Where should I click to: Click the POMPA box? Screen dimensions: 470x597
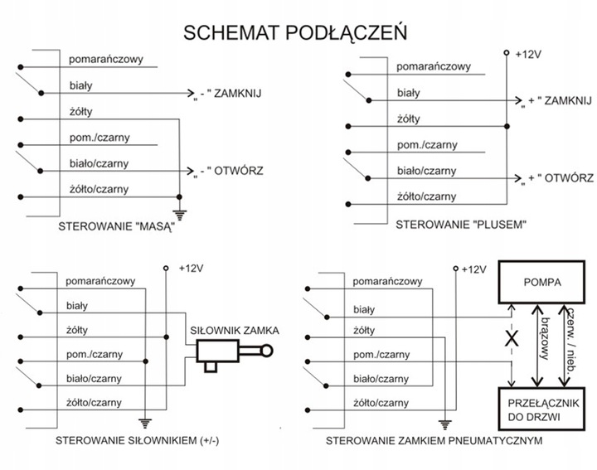pyautogui.click(x=543, y=283)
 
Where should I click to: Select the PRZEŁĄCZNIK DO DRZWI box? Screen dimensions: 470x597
pyautogui.click(x=543, y=406)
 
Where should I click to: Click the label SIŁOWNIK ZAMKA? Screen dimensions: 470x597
pyautogui.click(x=234, y=330)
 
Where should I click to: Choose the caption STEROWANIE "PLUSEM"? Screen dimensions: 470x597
pyautogui.click(x=451, y=224)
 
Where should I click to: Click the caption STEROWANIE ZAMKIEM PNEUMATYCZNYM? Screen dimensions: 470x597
pyautogui.click(x=434, y=440)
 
